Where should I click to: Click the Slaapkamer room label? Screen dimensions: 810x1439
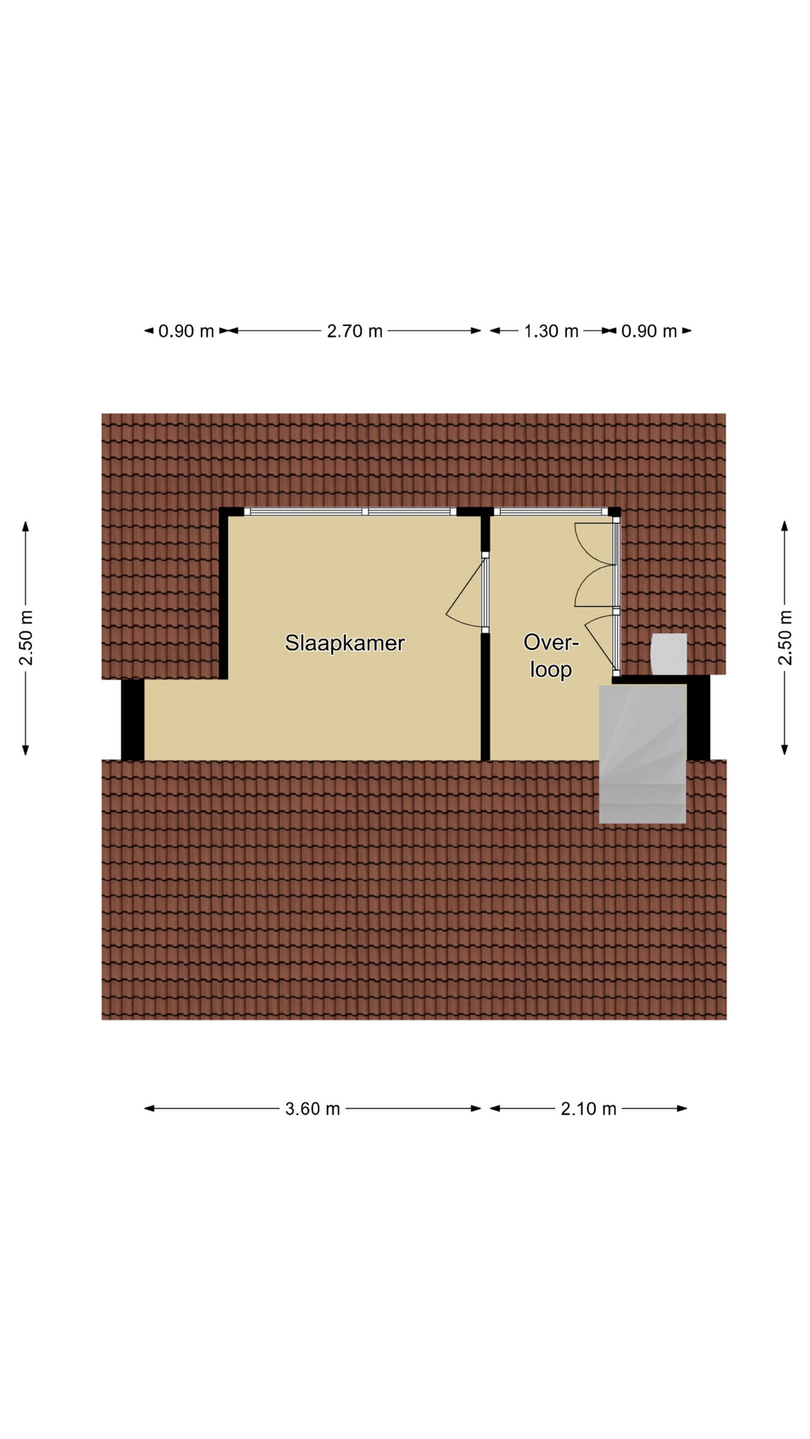pyautogui.click(x=344, y=643)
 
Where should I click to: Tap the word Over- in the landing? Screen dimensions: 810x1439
pyautogui.click(x=551, y=642)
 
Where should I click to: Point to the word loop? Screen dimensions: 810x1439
pyautogui.click(x=551, y=669)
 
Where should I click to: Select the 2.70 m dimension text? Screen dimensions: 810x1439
pyautogui.click(x=355, y=331)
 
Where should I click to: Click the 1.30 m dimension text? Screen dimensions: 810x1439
pyautogui.click(x=551, y=331)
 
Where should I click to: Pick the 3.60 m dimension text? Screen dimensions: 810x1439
pyautogui.click(x=313, y=1108)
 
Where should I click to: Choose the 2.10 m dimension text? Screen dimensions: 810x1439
pyautogui.click(x=589, y=1108)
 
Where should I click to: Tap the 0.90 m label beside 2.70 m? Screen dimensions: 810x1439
pyautogui.click(x=186, y=331)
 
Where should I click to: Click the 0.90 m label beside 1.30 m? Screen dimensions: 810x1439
pyautogui.click(x=649, y=331)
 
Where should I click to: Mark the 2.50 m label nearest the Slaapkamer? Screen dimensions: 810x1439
pyautogui.click(x=26, y=638)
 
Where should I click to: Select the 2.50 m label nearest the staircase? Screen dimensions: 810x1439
pyautogui.click(x=784, y=638)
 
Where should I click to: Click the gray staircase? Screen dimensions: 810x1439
pyautogui.click(x=643, y=754)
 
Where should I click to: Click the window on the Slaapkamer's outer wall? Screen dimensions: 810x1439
pyautogui.click(x=350, y=512)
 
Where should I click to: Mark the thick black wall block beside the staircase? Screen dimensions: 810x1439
pyautogui.click(x=698, y=718)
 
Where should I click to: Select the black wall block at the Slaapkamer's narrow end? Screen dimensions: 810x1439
pyautogui.click(x=133, y=719)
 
